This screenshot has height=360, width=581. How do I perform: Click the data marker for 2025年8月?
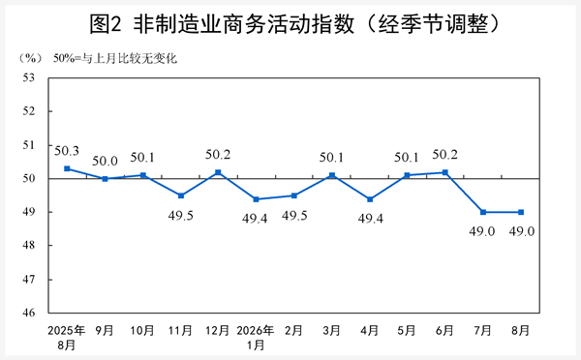[67, 168]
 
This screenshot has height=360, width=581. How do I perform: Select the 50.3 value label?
[67, 151]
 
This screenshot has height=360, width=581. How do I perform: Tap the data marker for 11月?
[181, 195]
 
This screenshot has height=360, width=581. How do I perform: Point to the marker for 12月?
[218, 172]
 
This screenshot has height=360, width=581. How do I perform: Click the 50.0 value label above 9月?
[105, 161]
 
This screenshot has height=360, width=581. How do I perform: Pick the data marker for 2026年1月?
[256, 199]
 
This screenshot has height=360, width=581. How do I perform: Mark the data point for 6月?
[445, 172]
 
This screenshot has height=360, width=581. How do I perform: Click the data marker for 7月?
[483, 212]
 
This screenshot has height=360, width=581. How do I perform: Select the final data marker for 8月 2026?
[521, 212]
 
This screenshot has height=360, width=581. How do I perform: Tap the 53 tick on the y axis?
[28, 77]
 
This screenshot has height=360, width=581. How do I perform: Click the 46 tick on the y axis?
[28, 313]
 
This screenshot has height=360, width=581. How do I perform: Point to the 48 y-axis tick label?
[28, 245]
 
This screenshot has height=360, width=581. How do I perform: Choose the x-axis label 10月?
[142, 330]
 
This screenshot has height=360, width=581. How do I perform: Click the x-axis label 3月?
[331, 330]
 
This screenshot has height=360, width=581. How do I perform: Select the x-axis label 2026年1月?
[256, 338]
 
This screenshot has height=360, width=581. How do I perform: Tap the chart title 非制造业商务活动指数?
[244, 24]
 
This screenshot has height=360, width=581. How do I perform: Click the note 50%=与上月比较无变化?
[115, 58]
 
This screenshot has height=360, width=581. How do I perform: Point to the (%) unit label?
[30, 58]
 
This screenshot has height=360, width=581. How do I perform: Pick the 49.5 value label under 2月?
[294, 216]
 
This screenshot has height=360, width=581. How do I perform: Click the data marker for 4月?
[370, 199]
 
